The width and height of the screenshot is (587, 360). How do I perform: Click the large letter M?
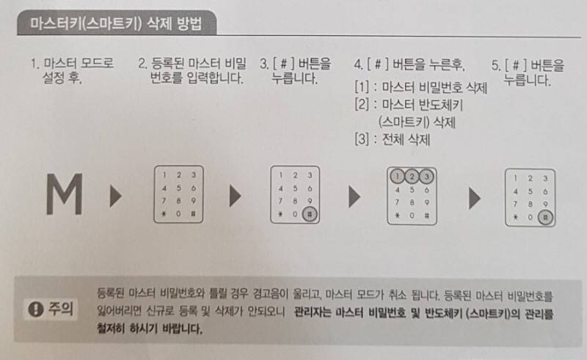pyautogui.click(x=65, y=194)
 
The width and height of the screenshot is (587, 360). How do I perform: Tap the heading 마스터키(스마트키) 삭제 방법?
pyautogui.click(x=116, y=23)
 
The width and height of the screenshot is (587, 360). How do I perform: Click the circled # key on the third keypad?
pyautogui.click(x=310, y=214)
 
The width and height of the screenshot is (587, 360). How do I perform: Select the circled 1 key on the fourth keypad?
pyautogui.click(x=397, y=176)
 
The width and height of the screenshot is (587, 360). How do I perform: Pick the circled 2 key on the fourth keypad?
pyautogui.click(x=412, y=176)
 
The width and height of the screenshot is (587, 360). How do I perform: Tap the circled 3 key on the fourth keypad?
pyautogui.click(x=426, y=176)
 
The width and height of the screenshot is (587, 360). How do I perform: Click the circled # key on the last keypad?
pyautogui.click(x=545, y=218)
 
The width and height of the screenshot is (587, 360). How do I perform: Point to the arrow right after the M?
pyautogui.click(x=116, y=195)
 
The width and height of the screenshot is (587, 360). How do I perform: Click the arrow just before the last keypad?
pyautogui.click(x=475, y=198)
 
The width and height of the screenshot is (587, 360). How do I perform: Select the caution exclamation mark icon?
pyautogui.click(x=35, y=309)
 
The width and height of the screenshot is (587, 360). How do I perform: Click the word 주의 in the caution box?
pyautogui.click(x=60, y=309)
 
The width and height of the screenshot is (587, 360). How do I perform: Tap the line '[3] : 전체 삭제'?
pyautogui.click(x=392, y=139)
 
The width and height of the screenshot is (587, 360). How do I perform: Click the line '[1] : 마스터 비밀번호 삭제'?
pyautogui.click(x=420, y=87)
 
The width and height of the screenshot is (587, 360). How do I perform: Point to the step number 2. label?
pyautogui.click(x=142, y=64)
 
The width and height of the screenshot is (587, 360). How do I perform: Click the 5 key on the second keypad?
pyautogui.click(x=178, y=188)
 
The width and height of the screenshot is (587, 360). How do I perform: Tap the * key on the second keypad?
pyautogui.click(x=164, y=214)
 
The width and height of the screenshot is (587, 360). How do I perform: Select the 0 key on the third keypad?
pyautogui.click(x=295, y=214)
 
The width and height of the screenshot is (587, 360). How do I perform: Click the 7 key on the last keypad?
pyautogui.click(x=516, y=205)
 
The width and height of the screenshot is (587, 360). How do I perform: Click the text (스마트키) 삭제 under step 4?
pyautogui.click(x=417, y=122)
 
